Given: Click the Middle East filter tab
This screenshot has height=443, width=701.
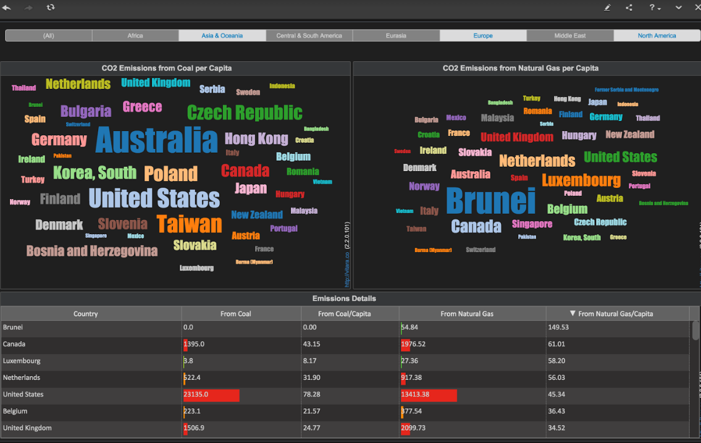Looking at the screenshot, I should coord(569,36).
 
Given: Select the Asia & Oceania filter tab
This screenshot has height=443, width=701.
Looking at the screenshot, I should coord(222,36).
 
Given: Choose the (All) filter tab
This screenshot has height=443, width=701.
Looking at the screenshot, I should coord(48,36).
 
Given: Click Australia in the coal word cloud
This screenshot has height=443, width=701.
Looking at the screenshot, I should coord(156,140).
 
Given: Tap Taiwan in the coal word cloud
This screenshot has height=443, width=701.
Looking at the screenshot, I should coord(189,224).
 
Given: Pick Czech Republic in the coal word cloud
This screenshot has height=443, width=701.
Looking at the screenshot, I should coord(245,112).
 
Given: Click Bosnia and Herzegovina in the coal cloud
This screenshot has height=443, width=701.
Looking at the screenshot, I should coord(91,251).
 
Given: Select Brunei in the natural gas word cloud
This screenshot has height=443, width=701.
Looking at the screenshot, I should coord(490,201).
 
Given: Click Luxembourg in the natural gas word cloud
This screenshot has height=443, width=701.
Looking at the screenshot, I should coord(581,180).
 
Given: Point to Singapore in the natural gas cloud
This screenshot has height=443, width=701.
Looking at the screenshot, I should coord(532,224).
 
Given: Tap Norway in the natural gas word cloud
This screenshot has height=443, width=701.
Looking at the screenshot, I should coord(424,186).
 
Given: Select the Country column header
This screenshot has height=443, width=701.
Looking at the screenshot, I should coord(85,314).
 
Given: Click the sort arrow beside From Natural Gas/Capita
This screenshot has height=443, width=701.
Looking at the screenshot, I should coord(573,313).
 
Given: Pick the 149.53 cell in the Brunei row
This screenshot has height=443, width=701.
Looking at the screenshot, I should coord(558,327).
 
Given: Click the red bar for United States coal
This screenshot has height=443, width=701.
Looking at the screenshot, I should coord(211,394).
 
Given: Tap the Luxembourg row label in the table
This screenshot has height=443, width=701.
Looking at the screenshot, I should coord(22,361).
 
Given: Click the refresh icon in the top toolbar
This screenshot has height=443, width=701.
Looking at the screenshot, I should coord(51,7).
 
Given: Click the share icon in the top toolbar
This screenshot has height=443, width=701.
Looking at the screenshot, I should coord(629,7).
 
